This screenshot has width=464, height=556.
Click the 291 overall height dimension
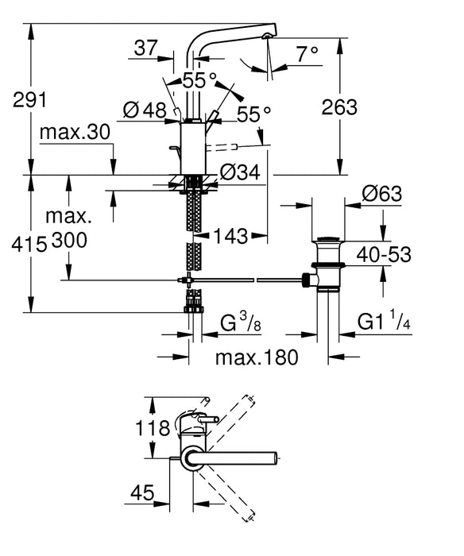(x=30, y=101)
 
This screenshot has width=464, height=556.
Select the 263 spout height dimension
(x=341, y=106)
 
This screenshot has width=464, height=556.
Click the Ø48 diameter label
(x=145, y=112)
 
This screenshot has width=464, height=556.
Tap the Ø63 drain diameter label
(x=381, y=193)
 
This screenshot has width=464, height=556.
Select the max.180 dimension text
(x=257, y=357)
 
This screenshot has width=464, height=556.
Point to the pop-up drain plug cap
(x=327, y=238)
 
